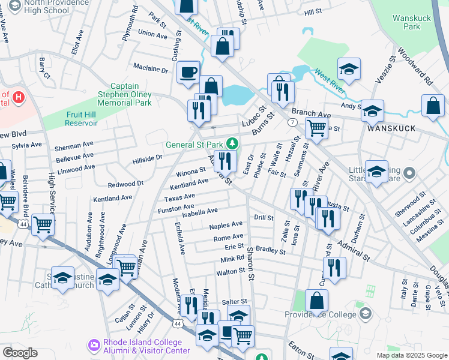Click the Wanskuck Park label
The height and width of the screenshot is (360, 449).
point(412,22)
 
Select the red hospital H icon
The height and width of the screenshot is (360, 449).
point(19,97)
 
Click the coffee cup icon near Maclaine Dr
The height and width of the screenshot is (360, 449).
point(188,72)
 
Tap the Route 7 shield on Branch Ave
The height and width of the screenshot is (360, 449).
point(292,122)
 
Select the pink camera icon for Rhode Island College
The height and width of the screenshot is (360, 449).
point(93,344)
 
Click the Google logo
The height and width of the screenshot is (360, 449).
point(20,353)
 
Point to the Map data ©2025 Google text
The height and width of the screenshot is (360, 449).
point(411,355)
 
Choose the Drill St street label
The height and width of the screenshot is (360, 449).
point(264,217)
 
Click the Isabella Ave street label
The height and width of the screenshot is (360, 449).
point(204,211)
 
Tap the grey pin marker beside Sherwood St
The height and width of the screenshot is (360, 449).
point(409,175)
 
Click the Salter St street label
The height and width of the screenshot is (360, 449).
point(235,301)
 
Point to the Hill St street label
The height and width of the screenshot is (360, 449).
point(313,12)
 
